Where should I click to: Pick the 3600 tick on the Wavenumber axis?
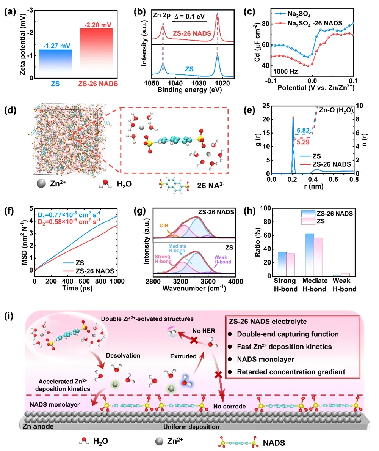208,281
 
